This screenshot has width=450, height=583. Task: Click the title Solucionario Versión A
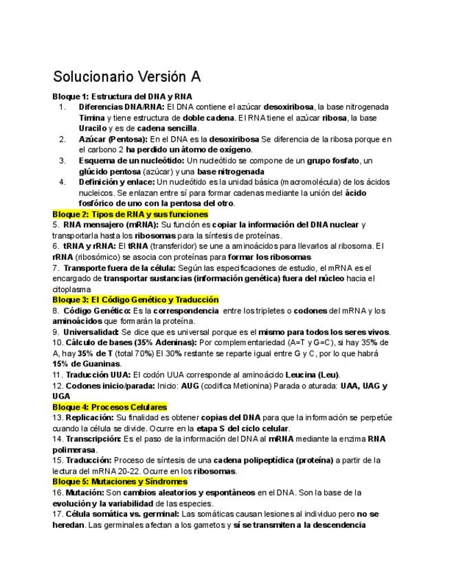[127, 75]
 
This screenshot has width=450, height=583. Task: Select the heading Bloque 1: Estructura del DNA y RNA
[122, 96]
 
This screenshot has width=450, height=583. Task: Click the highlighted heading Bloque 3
[135, 300]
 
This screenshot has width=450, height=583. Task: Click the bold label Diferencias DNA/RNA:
[122, 107]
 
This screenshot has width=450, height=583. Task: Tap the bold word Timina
[91, 118]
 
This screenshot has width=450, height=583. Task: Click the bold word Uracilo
[92, 129]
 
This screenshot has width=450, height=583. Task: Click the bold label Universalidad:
[91, 332]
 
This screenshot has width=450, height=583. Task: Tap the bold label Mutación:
[82, 492]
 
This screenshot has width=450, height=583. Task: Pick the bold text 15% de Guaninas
[87, 364]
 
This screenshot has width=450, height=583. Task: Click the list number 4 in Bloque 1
[62, 182]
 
